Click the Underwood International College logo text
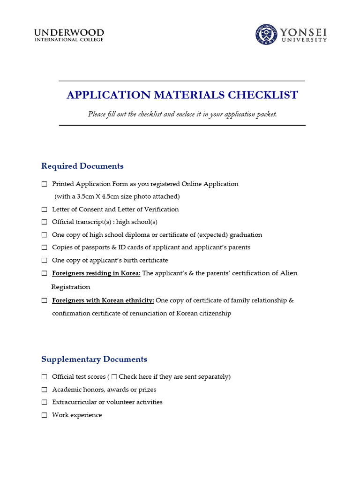[x=69, y=35]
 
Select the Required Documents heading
[x=82, y=166]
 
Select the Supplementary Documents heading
[x=94, y=359]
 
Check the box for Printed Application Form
[x=44, y=184]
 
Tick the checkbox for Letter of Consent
[x=44, y=210]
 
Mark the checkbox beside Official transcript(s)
[x=44, y=222]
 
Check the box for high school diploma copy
[x=44, y=235]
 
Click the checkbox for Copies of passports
[x=44, y=247]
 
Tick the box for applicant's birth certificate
[x=44, y=260]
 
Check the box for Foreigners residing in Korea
[x=44, y=273]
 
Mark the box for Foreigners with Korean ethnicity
[x=44, y=300]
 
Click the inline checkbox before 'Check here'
[x=114, y=377]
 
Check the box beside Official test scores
[x=44, y=377]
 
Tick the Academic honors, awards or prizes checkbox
[x=44, y=390]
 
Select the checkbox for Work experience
[x=44, y=415]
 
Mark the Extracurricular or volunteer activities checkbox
[x=44, y=402]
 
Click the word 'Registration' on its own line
[x=70, y=287]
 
